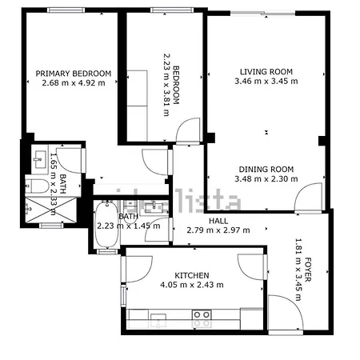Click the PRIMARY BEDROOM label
click(x=74, y=73)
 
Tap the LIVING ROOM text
click(x=264, y=72)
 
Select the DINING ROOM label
click(x=264, y=170)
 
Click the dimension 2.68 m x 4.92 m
click(x=74, y=82)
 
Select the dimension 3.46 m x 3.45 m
click(x=264, y=82)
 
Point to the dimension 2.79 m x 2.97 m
click(x=218, y=230)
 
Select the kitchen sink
click(x=158, y=321)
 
